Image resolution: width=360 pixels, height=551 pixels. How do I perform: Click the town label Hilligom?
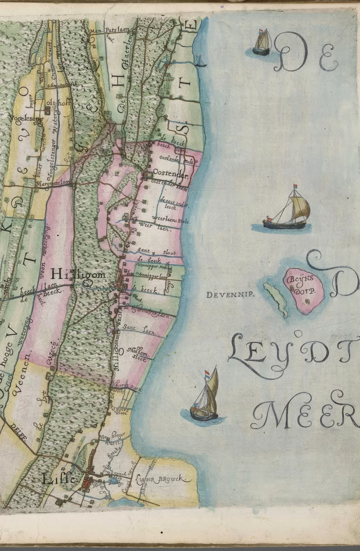(78, 274)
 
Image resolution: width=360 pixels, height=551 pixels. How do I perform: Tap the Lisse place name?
(59, 479)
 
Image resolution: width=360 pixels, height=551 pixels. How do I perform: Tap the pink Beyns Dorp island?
(304, 290)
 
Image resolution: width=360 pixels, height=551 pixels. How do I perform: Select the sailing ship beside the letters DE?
(262, 42)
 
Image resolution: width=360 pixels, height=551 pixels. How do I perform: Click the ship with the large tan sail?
(288, 210)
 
